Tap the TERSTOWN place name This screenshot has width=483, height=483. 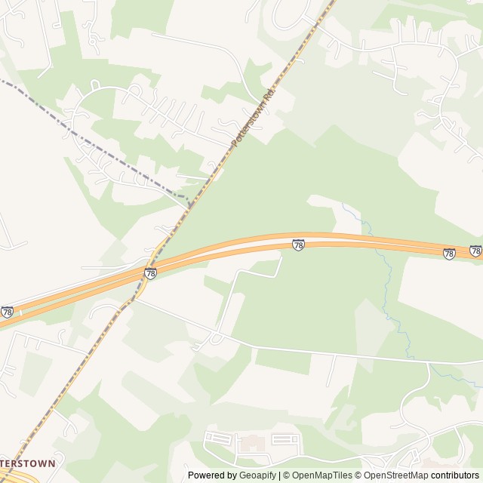[28, 463]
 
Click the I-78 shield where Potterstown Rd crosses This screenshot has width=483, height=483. [150, 273]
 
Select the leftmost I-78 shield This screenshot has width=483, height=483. [7, 311]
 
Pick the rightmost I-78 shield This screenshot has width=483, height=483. [475, 251]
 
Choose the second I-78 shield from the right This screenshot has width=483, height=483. [449, 254]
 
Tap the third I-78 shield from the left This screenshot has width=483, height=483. [298, 245]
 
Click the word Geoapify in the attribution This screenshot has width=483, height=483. [257, 475]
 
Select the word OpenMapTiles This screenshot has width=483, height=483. [321, 475]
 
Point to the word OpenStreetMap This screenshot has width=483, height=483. [396, 475]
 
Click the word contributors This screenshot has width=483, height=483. [455, 475]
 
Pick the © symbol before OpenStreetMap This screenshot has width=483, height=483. [359, 475]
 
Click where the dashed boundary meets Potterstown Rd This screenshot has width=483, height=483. [189, 204]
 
